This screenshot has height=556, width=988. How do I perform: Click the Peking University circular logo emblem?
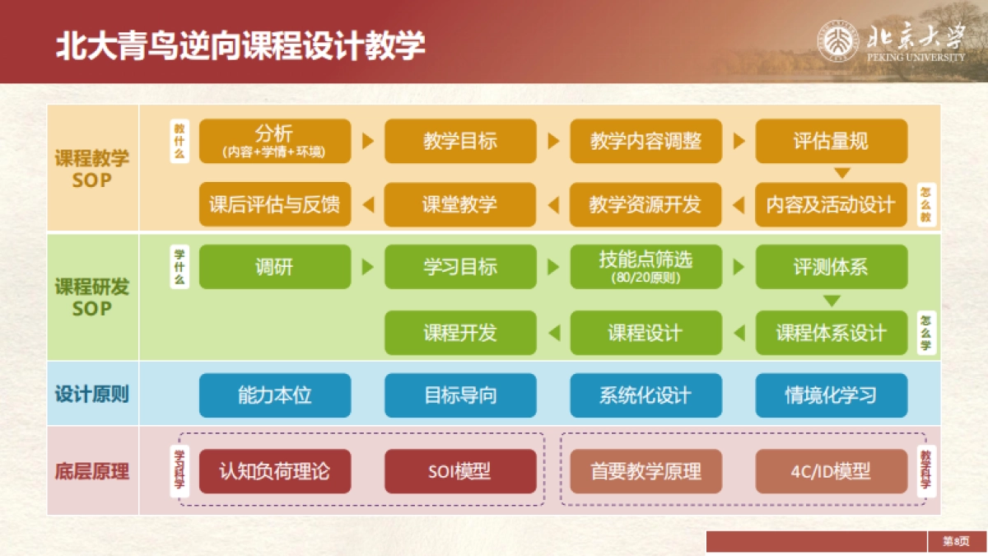click(x=839, y=42)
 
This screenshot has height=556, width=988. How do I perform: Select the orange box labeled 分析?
click(x=275, y=141)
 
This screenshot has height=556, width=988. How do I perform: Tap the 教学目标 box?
click(x=460, y=141)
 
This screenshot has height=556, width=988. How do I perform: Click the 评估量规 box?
click(x=831, y=141)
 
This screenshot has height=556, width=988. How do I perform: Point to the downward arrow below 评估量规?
click(x=841, y=173)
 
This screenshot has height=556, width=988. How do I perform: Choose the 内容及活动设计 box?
click(x=831, y=204)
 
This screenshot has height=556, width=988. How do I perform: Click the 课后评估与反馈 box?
click(x=275, y=204)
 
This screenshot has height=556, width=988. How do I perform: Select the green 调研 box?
click(x=275, y=267)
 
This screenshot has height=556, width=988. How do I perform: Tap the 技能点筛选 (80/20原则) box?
click(x=645, y=267)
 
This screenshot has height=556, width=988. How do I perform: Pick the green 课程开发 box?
click(x=460, y=333)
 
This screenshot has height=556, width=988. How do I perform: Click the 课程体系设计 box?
click(x=831, y=333)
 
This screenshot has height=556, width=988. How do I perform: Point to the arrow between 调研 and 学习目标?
click(x=368, y=267)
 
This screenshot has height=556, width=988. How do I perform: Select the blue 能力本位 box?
click(x=275, y=395)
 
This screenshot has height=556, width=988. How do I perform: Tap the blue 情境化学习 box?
click(x=831, y=395)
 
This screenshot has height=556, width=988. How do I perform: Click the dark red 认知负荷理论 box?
click(x=275, y=472)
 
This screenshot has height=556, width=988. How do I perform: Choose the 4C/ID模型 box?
click(x=831, y=472)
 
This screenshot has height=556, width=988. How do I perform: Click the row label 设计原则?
click(x=92, y=395)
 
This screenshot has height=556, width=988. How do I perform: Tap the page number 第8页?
click(x=956, y=541)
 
